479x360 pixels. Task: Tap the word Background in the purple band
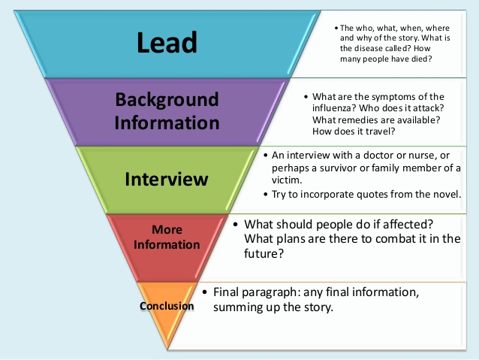coord(167,100)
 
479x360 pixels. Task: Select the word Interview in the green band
coord(166,179)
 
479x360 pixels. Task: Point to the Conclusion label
coord(167,306)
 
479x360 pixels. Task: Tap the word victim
coord(288,180)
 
